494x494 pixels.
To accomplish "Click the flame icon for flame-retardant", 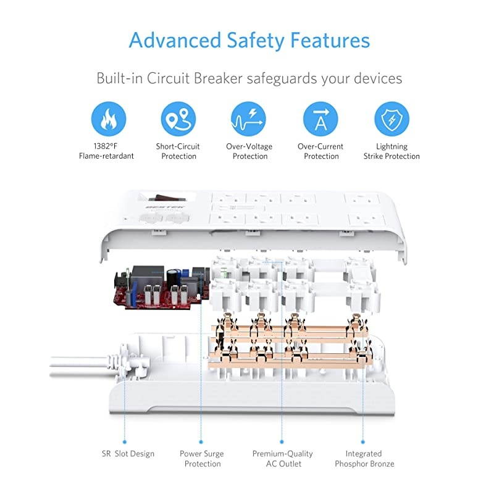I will point(108,119).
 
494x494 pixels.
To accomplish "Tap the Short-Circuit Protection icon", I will point(178,119).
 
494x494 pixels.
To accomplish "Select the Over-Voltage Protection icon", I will point(249,119).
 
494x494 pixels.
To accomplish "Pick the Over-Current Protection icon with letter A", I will point(320,119).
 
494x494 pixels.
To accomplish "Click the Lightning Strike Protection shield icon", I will point(391,119).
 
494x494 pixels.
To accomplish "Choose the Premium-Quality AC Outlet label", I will point(282,459).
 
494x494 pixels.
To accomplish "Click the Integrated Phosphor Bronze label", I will point(364,459).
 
